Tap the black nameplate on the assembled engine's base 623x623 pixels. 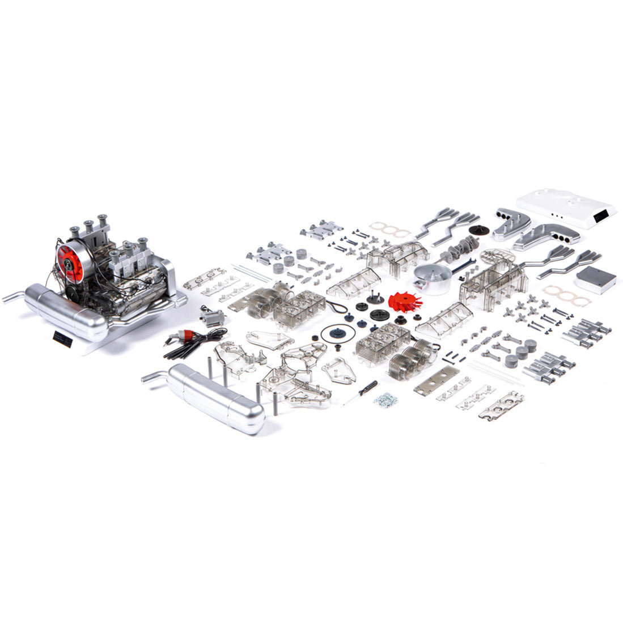pos(62,338)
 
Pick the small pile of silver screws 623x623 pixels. pos(385,399)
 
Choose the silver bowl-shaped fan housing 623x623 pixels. pos(432,277)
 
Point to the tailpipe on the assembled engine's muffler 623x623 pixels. pos(13,296)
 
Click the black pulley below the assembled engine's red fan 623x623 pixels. pos(73,293)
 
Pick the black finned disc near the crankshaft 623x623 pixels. pos(480,231)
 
